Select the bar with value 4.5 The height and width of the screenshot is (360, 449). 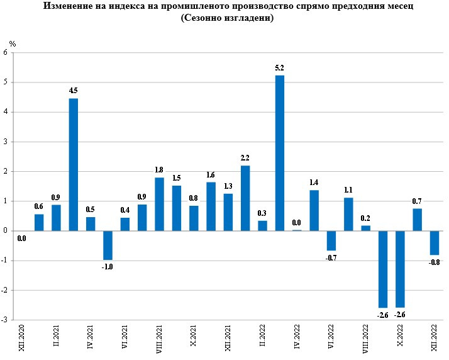click(x=73, y=164)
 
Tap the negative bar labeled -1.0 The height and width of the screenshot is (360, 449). click(x=108, y=245)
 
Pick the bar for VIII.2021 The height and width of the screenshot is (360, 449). click(x=159, y=204)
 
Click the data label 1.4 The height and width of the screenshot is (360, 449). click(x=314, y=183)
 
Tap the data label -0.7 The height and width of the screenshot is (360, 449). click(x=331, y=258)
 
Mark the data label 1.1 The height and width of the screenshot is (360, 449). click(x=348, y=190)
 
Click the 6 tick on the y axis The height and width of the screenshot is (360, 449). click(x=6, y=53)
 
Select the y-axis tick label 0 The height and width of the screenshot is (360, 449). click(x=6, y=231)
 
